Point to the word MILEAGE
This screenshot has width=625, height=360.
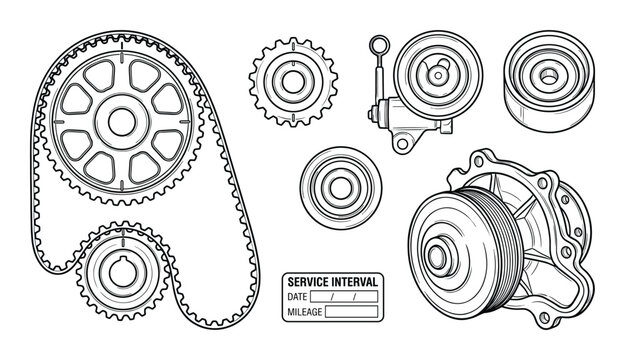(305, 311)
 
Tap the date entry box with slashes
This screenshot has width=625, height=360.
(350, 297)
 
